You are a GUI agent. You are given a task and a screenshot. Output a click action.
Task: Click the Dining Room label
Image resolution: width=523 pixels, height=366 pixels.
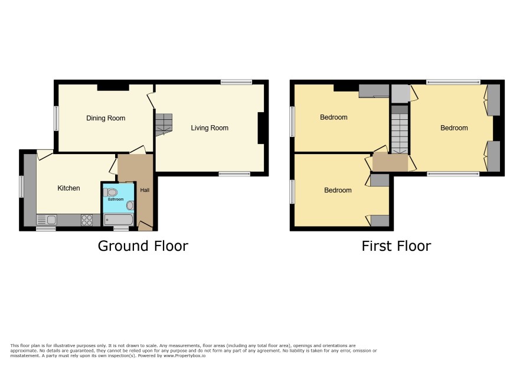pos(106,118)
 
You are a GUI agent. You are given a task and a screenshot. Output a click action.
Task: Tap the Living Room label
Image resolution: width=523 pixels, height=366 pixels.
pos(210,128)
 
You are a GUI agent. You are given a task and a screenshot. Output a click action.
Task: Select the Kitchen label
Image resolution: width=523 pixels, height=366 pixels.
pos(68,188)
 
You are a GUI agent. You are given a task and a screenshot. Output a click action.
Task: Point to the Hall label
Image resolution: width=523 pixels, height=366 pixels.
pos(145,190)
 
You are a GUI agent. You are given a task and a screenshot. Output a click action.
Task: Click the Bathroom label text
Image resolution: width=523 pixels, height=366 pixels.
pos(116,199)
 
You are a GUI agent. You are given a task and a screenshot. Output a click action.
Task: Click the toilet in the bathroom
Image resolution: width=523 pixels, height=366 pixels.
pos(110,192)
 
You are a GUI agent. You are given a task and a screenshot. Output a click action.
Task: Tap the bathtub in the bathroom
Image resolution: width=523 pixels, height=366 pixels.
pos(119,220)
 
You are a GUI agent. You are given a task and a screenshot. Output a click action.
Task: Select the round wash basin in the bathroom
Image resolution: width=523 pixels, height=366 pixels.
pos(130,205)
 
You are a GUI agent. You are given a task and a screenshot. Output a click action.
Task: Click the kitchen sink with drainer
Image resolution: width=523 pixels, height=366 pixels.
pos(47,220)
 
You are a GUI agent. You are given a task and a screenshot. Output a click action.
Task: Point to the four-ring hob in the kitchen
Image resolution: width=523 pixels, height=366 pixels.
pos(87,220)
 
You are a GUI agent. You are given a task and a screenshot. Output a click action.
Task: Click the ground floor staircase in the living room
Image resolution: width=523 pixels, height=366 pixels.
pos(164,125)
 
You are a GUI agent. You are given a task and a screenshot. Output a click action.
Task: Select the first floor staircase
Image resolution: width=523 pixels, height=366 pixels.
pos(400,129)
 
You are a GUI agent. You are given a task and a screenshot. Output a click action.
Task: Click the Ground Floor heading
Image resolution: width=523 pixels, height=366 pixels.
pos(143,246)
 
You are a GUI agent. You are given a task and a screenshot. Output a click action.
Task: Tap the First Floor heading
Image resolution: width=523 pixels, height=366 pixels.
pos(396,246)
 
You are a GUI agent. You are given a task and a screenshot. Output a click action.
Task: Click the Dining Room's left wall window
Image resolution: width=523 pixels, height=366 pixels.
pos(56,119)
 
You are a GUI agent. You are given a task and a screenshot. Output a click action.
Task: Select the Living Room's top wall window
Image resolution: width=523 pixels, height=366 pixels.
pos(236,81)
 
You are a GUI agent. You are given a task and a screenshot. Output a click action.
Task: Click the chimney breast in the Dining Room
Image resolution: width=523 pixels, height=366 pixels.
pos(113,87)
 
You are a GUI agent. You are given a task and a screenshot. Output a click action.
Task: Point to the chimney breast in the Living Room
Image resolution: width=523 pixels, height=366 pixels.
pos(261,128)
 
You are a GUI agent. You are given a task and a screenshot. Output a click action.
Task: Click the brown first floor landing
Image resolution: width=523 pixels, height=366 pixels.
pos(390,162)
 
